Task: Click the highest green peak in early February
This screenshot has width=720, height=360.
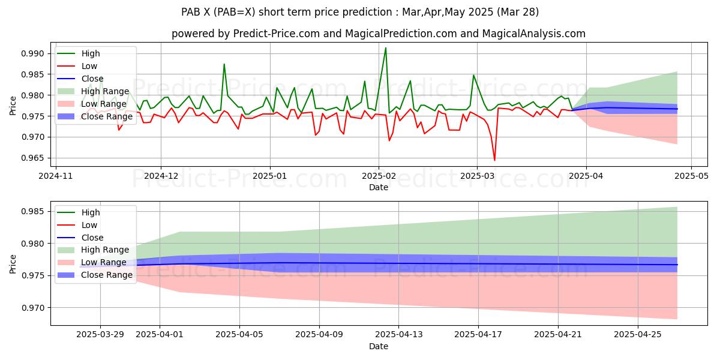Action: pos(385,48)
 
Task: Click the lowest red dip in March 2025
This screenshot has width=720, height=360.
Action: pos(494,160)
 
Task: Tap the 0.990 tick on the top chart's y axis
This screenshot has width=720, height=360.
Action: pos(34,54)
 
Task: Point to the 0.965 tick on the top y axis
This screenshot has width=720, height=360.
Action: pos(34,158)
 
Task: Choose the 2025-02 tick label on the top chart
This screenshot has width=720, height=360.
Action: pos(378,176)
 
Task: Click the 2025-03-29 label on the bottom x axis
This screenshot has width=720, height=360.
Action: pos(100,335)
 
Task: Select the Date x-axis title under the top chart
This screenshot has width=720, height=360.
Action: pos(378,187)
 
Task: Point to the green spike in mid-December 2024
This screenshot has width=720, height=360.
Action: pos(224,64)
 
